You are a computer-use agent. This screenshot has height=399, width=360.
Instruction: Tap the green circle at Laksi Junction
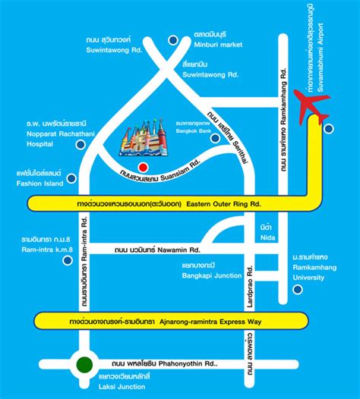click(84, 365)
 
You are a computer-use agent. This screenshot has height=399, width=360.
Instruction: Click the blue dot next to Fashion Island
click(71, 179)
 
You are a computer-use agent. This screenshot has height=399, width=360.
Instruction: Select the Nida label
click(265, 231)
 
